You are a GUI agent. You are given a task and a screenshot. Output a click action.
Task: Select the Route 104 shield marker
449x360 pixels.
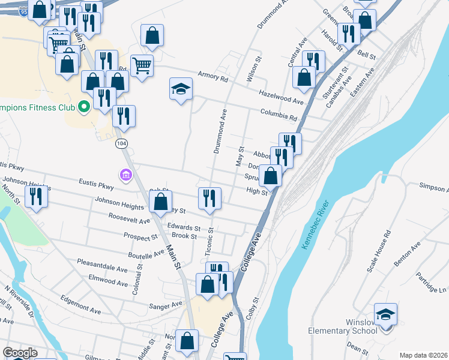click(x=122, y=143)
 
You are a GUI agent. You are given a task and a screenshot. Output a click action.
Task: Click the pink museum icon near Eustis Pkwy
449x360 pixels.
click(x=125, y=175)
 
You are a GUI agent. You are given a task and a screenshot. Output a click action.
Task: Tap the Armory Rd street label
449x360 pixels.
click(x=213, y=79)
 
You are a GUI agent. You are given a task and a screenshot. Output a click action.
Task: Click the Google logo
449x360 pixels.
click(x=20, y=353)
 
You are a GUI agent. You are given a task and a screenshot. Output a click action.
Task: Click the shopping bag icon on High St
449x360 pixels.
click(x=271, y=176)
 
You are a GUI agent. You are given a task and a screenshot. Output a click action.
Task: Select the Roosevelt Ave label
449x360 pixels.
click(x=129, y=221)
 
